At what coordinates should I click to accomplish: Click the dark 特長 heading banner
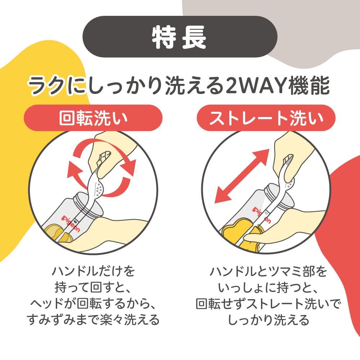pyautogui.click(x=180, y=37)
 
